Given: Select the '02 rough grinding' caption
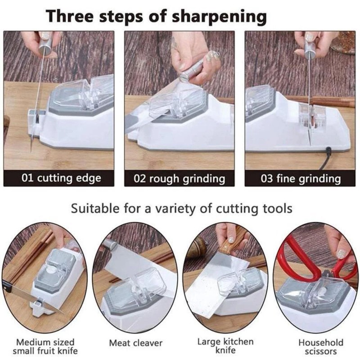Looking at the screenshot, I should click(180, 178).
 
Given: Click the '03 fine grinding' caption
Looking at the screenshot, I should click(301, 178).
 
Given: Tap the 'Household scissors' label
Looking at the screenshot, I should click(321, 346).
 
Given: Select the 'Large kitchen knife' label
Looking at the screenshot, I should click(225, 346).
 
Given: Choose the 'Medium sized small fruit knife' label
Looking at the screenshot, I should click(45, 346).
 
